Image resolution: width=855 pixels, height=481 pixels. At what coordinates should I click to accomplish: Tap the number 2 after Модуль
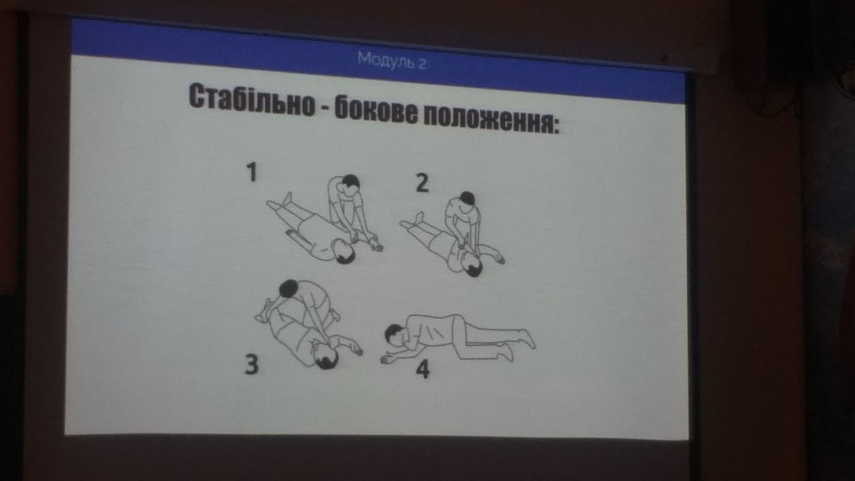pyautogui.click(x=421, y=63)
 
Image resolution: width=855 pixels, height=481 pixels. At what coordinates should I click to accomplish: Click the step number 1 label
pyautogui.click(x=252, y=172)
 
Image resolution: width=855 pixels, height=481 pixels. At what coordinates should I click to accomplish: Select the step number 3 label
pyautogui.click(x=252, y=365)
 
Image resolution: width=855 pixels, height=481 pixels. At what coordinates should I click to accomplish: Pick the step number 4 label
pyautogui.click(x=423, y=369)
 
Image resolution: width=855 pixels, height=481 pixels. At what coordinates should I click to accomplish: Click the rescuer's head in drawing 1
pyautogui.click(x=351, y=182)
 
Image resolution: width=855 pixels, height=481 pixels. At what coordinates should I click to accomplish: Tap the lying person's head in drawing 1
pyautogui.click(x=343, y=252)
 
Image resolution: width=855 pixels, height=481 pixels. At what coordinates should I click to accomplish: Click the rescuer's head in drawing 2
pyautogui.click(x=467, y=199)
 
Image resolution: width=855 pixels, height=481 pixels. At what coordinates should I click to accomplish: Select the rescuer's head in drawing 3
pyautogui.click(x=289, y=289)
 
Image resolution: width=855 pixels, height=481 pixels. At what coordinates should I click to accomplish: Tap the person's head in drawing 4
pyautogui.click(x=394, y=335)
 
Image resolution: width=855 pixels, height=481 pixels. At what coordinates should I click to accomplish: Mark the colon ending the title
pyautogui.click(x=555, y=126)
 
